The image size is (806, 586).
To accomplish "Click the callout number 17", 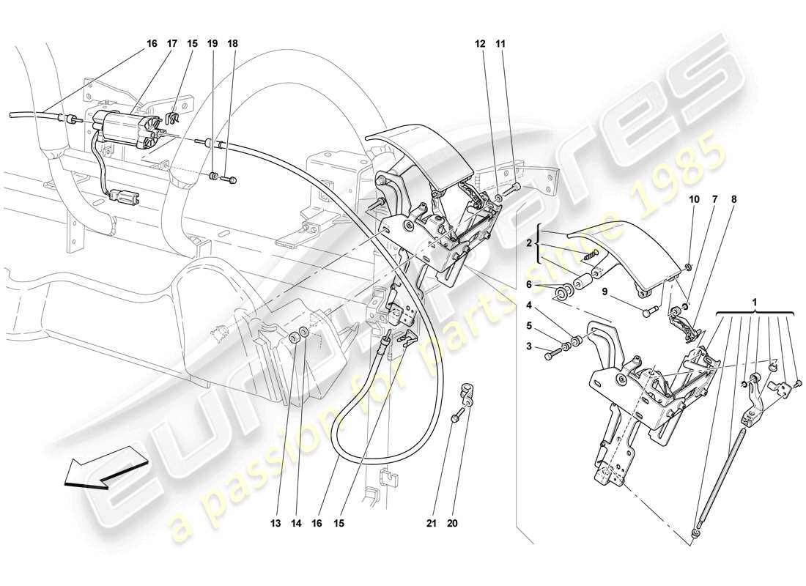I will coord(173,44).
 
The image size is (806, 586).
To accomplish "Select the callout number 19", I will coord(213,44).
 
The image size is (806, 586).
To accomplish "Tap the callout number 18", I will coord(233,44).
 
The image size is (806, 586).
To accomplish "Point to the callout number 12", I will coord(481,44).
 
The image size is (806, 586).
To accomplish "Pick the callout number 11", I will coord(501,44).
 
